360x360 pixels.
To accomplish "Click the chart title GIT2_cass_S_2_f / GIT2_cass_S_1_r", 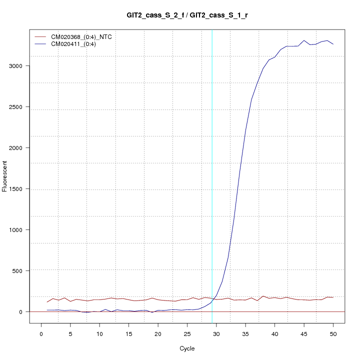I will click(187, 15).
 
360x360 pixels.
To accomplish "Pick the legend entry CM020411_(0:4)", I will click(77, 44).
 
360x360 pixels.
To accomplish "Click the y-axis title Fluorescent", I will click(5, 176).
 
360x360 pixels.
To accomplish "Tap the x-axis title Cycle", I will click(187, 348).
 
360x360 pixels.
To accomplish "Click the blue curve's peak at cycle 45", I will click(304, 40).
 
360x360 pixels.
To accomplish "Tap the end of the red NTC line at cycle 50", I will click(333, 297).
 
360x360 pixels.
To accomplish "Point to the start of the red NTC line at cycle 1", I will click(47, 302).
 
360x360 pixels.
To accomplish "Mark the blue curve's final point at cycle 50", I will click(333, 44).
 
